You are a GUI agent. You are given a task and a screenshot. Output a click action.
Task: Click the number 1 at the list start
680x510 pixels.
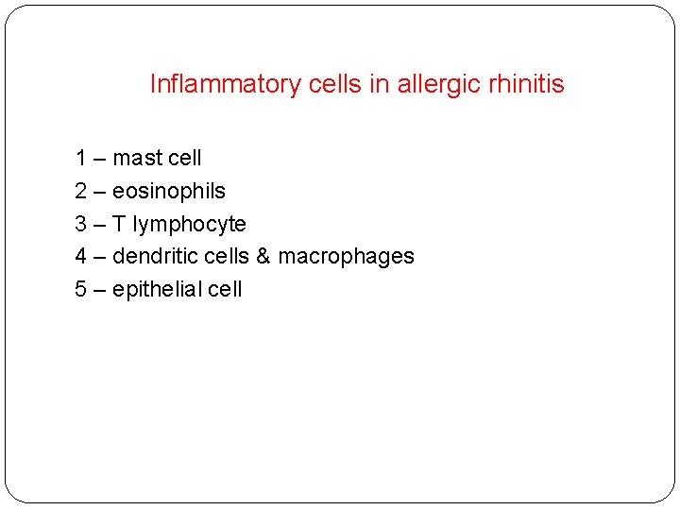click(x=81, y=158)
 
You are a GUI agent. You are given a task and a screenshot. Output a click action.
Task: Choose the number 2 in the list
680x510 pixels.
click(x=81, y=191)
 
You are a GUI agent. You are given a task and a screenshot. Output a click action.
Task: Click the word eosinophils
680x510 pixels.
click(x=169, y=191)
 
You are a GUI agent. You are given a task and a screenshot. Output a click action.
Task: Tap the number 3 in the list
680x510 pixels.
click(x=81, y=224)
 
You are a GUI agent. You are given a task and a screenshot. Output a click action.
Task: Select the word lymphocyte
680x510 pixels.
click(x=189, y=224)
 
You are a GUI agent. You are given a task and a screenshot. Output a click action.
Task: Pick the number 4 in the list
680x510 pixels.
click(x=81, y=256)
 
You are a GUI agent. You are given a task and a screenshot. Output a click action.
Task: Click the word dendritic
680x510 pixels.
click(x=151, y=256)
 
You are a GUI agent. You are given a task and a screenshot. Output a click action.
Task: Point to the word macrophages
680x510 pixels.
click(x=346, y=256)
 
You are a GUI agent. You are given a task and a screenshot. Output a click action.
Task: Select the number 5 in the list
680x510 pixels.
click(x=81, y=289)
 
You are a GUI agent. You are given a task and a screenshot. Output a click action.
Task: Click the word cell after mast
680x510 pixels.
click(x=186, y=158)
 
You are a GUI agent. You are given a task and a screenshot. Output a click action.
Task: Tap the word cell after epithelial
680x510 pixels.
click(x=225, y=289)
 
